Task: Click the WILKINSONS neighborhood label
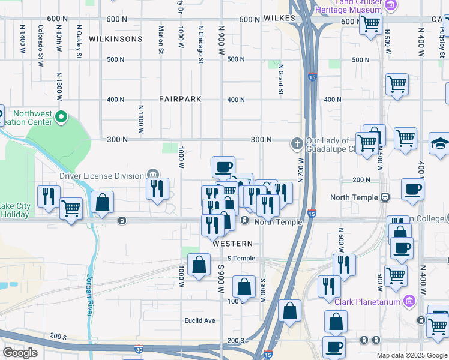115,39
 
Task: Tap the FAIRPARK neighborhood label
180,99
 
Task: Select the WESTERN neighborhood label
232,244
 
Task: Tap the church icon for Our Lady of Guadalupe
296,143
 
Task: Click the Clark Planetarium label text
367,302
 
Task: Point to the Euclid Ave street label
200,320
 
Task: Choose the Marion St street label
161,38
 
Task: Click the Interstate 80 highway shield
139,349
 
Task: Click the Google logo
20,353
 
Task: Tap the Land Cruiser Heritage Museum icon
391,5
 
